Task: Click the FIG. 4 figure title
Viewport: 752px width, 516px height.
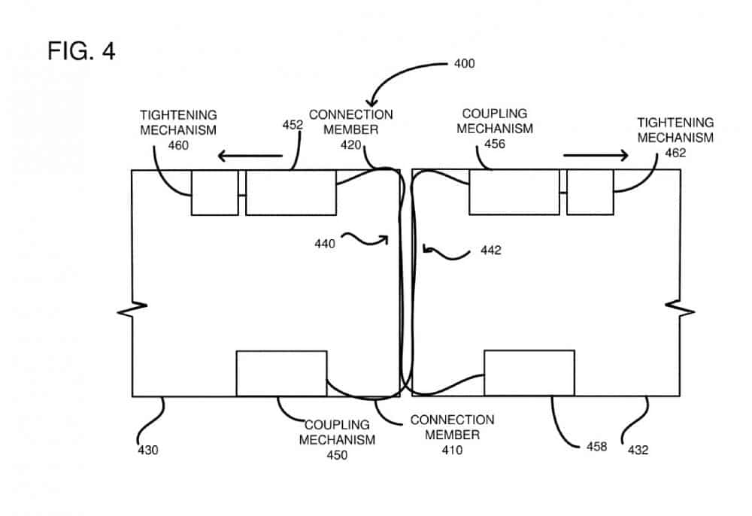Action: coord(81,51)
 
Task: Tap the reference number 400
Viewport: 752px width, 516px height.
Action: coord(464,63)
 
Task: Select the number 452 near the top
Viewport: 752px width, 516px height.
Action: coord(293,126)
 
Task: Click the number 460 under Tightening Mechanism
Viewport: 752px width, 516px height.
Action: coord(178,144)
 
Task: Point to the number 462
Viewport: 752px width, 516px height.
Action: coord(675,152)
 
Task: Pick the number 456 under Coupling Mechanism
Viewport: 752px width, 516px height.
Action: coord(494,143)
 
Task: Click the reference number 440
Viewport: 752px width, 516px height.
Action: coord(326,242)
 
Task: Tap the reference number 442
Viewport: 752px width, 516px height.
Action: coord(490,250)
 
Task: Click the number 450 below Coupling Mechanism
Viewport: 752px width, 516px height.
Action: coord(337,455)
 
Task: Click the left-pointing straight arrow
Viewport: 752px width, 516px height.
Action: coord(251,156)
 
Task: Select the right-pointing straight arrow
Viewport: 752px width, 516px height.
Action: coord(596,156)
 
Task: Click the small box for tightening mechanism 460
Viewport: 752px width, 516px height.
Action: coord(214,193)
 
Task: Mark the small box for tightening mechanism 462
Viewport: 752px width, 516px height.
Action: coord(590,192)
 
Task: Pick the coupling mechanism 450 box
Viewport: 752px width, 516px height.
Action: coord(281,373)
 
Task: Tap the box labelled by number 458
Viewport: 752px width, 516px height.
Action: coord(529,373)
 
